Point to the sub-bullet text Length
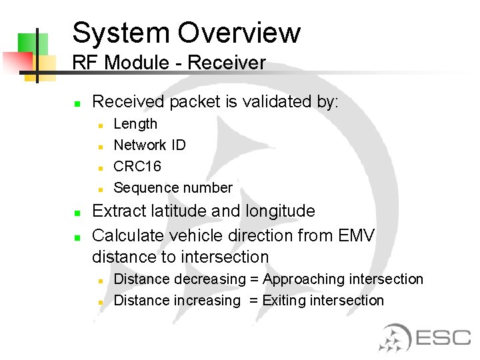[135, 124]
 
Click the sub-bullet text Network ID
[149, 145]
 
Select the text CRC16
[137, 167]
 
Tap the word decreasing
[200, 279]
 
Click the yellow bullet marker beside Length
[99, 125]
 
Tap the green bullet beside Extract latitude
[77, 213]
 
